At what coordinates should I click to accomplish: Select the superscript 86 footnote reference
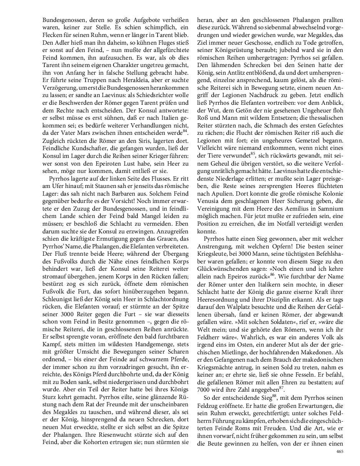point(272,274)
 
